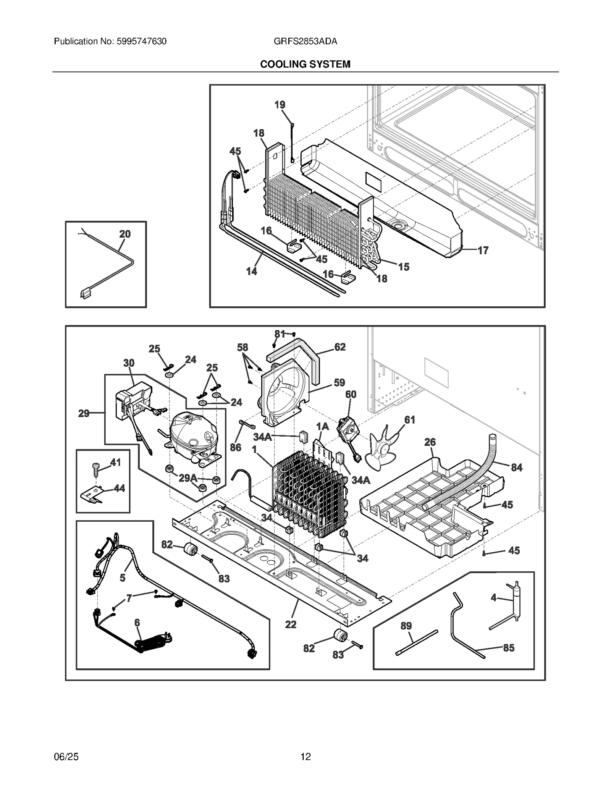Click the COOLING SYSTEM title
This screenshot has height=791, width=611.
[x=305, y=64]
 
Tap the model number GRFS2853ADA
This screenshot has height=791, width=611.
[x=305, y=41]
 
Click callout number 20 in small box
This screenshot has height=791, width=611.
[x=125, y=234]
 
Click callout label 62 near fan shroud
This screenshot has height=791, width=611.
[x=339, y=347]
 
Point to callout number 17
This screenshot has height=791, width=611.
[x=483, y=250]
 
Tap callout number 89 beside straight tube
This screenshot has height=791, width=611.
[x=406, y=626]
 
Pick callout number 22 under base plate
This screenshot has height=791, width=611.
[x=290, y=624]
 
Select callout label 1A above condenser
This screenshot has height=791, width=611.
[x=322, y=426]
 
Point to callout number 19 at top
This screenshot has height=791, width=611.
[x=280, y=105]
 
